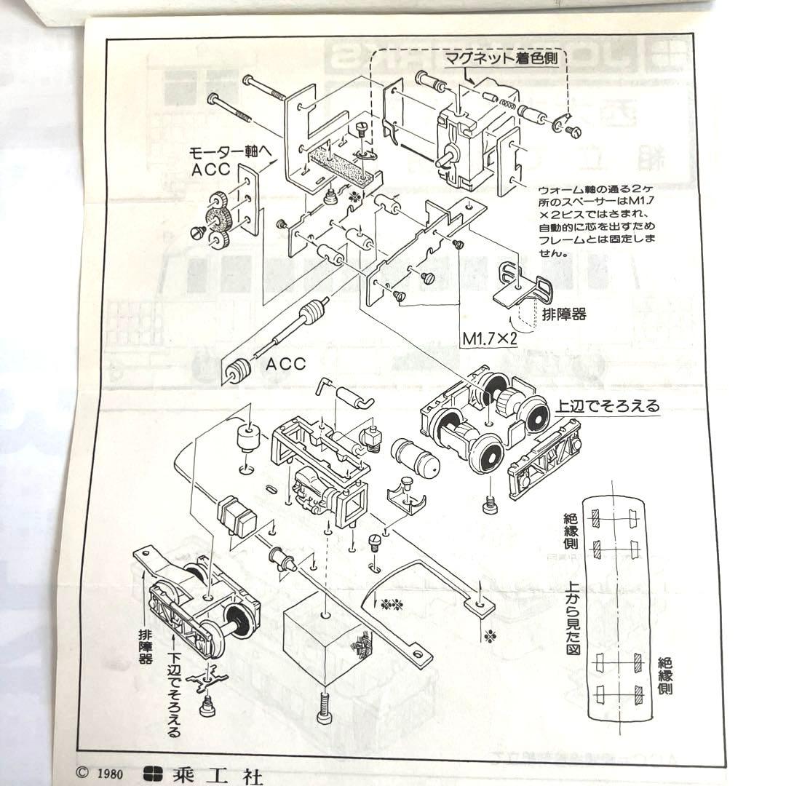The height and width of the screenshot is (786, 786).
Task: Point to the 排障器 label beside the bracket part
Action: click(x=564, y=314)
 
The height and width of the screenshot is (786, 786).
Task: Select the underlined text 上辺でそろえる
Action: click(x=608, y=407)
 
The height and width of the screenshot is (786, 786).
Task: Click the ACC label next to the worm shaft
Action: click(x=285, y=363)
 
